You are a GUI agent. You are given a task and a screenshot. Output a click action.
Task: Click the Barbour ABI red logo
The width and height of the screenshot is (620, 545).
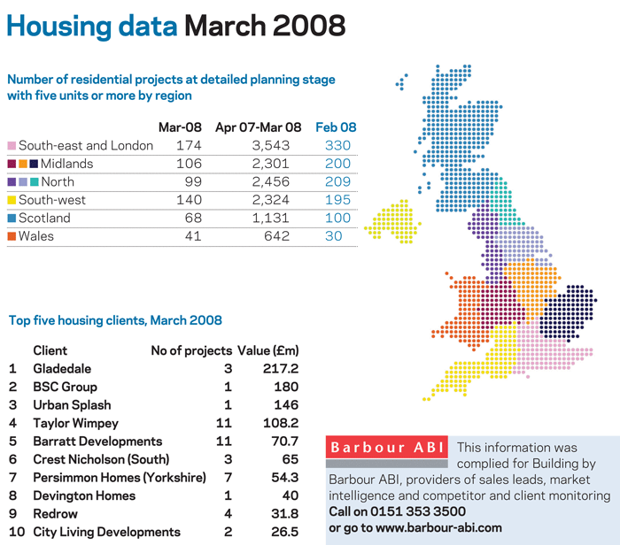(387, 447)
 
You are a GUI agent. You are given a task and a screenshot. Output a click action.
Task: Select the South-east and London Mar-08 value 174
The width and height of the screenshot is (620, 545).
(189, 145)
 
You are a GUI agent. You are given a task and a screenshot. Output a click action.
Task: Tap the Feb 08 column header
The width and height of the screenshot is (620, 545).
(336, 127)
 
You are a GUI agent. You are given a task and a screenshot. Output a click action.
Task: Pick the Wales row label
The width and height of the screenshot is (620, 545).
(36, 236)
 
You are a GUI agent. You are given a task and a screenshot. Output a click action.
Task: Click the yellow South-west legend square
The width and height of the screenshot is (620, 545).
(12, 200)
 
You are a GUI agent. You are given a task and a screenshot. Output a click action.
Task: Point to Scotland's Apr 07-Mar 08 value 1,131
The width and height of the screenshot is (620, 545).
(271, 218)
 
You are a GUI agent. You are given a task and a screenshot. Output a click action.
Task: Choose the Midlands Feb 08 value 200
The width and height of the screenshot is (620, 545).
(337, 164)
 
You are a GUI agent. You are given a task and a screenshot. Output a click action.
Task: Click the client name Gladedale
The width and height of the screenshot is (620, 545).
(62, 368)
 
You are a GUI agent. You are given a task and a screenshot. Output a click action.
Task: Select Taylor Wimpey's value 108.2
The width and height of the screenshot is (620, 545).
(281, 423)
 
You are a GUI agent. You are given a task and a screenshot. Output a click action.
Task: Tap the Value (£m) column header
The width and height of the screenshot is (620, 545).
(268, 350)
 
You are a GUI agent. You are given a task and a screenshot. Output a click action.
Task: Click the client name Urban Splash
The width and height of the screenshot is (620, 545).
(72, 405)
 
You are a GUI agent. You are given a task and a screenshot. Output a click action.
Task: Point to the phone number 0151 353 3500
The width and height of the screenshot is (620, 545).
(417, 511)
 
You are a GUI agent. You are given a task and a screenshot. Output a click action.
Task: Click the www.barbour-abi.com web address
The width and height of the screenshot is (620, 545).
(438, 527)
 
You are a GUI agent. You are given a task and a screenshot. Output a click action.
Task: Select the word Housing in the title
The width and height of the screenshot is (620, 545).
(59, 27)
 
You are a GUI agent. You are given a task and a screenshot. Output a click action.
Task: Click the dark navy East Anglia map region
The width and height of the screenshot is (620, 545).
(568, 312)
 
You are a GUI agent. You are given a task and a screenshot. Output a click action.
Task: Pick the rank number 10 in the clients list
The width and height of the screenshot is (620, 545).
(17, 532)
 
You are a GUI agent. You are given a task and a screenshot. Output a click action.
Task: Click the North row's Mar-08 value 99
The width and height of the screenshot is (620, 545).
(193, 181)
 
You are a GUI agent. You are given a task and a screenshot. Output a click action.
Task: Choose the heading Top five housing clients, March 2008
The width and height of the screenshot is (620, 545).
(115, 320)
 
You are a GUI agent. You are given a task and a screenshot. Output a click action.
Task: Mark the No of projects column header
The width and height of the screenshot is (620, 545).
(191, 350)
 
